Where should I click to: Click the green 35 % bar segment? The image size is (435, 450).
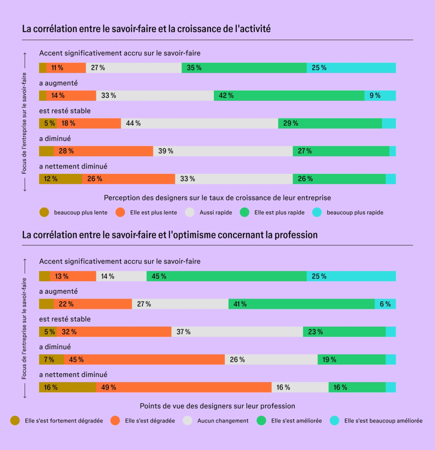pos(244,68)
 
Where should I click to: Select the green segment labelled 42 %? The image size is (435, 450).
pos(289,96)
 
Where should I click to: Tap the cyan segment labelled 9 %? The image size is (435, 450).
pos(380,96)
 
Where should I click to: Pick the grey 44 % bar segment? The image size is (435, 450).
pos(199,124)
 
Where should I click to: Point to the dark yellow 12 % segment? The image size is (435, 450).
pos(60,179)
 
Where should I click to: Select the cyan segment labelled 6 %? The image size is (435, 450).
pos(385,304)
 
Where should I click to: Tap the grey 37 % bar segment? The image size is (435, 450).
pos(237,332)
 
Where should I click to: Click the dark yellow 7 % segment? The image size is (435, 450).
pos(51,360)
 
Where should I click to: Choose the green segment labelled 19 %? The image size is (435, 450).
pos(351,360)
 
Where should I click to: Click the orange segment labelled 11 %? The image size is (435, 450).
pos(66,68)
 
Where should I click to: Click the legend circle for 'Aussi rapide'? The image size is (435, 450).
pos(189,212)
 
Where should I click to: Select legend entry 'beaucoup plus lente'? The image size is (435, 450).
pos(81,212)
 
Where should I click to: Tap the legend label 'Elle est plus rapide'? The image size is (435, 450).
pos(279,212)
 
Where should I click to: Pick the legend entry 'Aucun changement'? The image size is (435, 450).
pos(223,421)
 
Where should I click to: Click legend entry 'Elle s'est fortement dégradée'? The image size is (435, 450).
pos(64,421)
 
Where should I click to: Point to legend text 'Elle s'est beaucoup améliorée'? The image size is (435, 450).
pos(383,421)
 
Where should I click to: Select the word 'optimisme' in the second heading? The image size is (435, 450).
pos(193,235)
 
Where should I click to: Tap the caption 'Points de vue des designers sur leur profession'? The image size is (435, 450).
pos(217,406)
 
